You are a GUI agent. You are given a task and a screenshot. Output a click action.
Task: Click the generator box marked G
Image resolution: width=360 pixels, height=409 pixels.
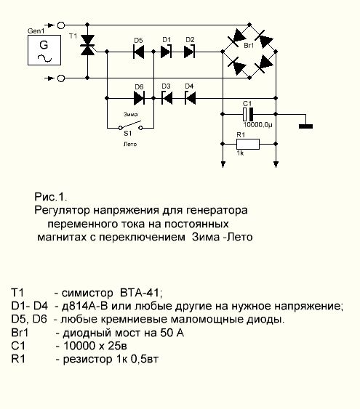point(44,50)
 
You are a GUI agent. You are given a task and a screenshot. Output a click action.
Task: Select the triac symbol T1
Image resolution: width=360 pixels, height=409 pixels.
point(87,45)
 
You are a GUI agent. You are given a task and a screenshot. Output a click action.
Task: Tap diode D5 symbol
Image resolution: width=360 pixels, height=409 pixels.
point(138,52)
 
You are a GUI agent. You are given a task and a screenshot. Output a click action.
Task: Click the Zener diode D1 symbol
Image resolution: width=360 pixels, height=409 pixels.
point(166,52)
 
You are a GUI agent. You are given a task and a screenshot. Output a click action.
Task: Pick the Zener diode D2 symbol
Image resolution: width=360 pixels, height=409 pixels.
point(189,52)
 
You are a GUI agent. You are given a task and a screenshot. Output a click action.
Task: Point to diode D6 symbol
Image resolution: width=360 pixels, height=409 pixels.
point(139,98)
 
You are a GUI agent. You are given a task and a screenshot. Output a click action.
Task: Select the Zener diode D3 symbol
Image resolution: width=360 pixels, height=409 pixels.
point(167,98)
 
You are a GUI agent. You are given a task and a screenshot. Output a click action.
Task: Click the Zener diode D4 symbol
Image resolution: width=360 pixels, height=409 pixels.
point(190,98)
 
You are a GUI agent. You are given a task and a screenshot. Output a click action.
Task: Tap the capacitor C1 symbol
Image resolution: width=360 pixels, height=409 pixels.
point(248,114)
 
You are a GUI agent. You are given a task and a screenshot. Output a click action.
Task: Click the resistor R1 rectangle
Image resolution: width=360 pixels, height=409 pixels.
point(248,144)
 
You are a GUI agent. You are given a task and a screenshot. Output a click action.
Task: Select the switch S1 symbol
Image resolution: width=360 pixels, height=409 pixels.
point(130,126)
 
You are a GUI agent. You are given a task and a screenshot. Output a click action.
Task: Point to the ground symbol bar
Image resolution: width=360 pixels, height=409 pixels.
point(305,126)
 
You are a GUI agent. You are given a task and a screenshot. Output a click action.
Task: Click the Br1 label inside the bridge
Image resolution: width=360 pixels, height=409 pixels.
point(249,46)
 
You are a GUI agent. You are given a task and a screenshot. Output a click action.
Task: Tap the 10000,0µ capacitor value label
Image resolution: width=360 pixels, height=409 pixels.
point(257,125)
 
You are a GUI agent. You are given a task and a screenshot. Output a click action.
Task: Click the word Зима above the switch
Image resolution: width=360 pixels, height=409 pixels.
point(130,114)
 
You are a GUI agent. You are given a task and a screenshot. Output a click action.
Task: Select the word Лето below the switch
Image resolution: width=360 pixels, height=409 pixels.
point(130,145)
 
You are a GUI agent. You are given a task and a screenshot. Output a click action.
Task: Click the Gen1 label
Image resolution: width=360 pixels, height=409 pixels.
point(36,31)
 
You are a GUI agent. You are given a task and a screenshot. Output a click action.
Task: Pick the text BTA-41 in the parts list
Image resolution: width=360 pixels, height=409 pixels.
point(141,293)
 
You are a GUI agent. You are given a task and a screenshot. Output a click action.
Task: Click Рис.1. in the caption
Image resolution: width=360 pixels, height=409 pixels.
point(51,197)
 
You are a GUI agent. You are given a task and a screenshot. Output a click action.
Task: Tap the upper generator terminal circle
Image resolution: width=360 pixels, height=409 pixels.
point(61,25)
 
